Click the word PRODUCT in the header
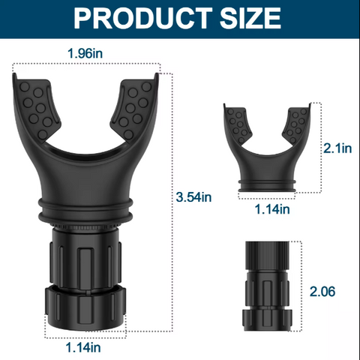tap(142, 18)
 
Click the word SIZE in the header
tap(250, 18)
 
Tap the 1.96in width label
tap(85, 53)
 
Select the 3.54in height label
tap(193, 197)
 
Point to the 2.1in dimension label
tap(337, 148)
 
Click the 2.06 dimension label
tap(322, 291)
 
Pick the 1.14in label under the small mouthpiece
tap(272, 209)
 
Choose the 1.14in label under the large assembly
tap(83, 347)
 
